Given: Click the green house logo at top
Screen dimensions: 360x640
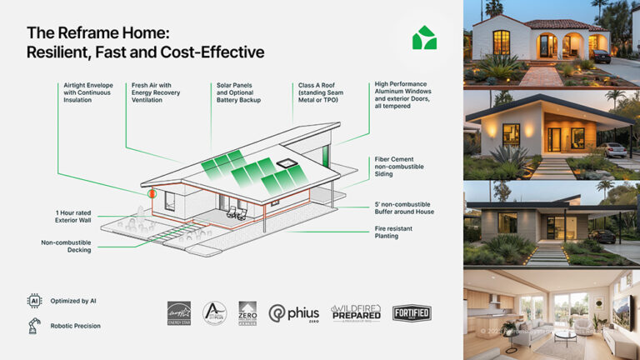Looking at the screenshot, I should (424, 37).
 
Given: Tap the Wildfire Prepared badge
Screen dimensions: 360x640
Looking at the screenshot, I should (356, 312).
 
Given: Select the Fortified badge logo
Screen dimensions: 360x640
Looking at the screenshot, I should (412, 313).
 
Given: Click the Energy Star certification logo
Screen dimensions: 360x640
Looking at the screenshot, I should (178, 312).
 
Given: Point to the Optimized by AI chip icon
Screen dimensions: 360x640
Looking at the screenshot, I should (34, 300).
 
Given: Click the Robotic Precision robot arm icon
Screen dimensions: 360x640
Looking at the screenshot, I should (34, 325).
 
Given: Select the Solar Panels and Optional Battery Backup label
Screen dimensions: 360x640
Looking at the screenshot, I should (237, 92).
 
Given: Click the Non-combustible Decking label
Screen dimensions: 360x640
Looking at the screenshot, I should (66, 246).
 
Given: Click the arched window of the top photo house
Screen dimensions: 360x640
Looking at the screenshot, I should (501, 42).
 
